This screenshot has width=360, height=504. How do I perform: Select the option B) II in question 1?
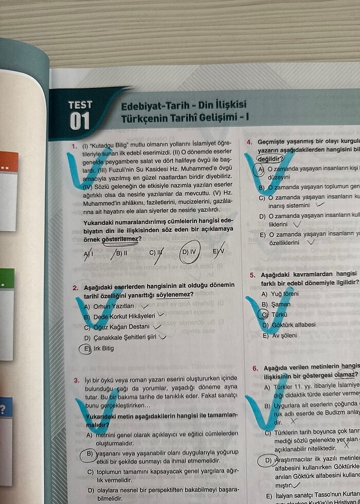tap(121, 252)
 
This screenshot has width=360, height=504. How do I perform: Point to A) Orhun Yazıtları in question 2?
tap(109, 307)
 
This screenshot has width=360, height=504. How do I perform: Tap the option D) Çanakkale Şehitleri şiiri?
tap(123, 337)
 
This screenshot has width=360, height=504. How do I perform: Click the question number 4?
tap(249, 142)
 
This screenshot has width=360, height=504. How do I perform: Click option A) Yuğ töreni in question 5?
tap(280, 294)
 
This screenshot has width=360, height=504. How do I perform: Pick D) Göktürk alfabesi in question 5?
tap(289, 325)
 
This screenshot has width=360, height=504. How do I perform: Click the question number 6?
tap(254, 368)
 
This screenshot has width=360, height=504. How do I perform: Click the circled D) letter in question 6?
tap(267, 460)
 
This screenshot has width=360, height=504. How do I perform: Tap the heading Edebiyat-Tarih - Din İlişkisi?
tap(184, 106)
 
